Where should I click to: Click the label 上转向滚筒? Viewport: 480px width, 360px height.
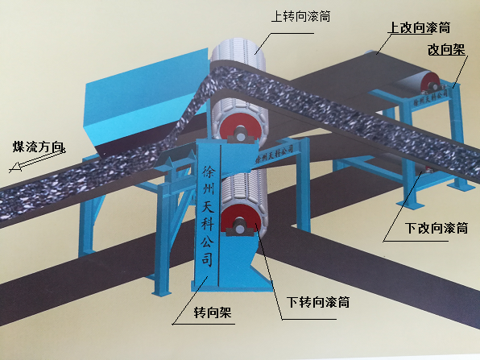tap(301, 16)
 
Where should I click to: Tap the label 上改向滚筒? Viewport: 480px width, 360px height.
tap(419, 27)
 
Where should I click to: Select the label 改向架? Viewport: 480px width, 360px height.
tap(446, 49)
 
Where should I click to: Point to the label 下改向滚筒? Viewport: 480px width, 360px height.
tap(437, 228)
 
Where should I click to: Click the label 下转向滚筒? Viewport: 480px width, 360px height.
tap(318, 302)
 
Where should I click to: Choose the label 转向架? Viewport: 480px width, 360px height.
tap(213, 312)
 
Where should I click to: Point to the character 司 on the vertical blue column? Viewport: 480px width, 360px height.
tap(207, 259)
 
